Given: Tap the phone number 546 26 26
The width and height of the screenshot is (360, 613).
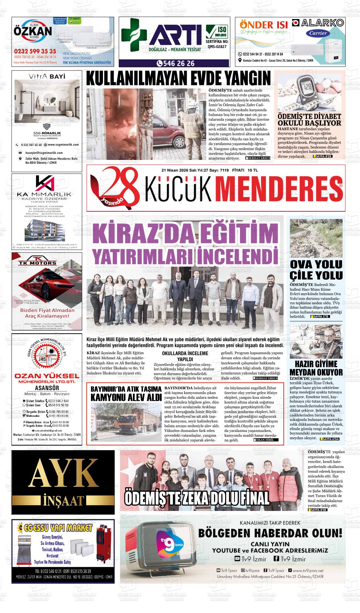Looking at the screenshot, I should click(176, 64).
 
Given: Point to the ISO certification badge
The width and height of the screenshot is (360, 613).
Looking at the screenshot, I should click(217, 32).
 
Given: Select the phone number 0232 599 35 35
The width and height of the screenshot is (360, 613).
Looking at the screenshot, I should click(35, 51).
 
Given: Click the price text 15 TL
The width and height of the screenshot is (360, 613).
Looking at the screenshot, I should click(253, 170).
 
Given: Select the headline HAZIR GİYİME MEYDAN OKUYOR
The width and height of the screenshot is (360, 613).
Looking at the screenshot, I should click(316, 368).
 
